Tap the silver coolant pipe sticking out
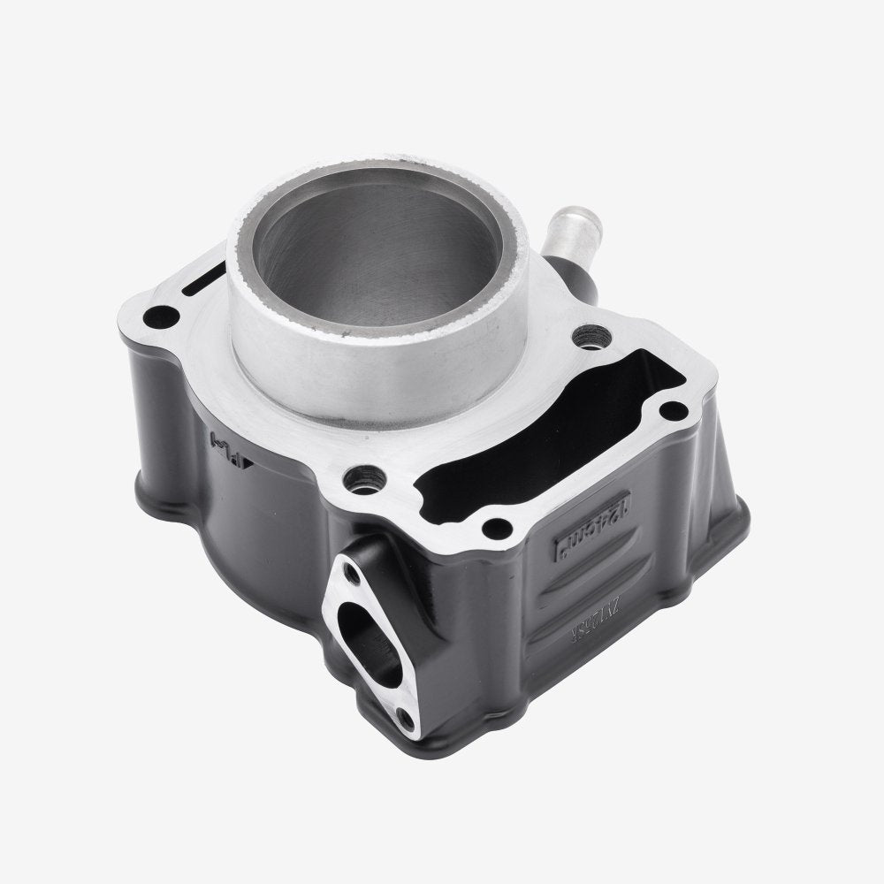[564, 257]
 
